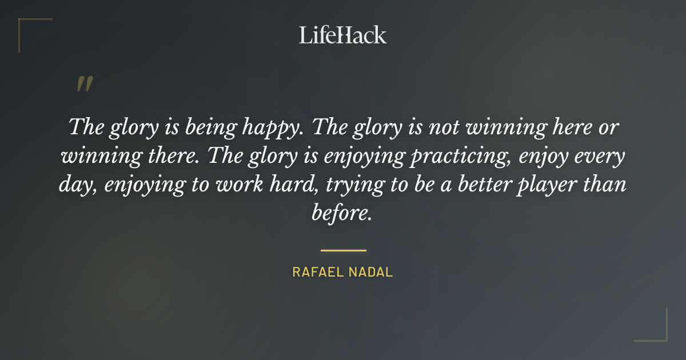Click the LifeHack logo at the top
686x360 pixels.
pos(343,35)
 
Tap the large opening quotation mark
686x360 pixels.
pos(85,84)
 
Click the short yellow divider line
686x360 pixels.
pos(343,250)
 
